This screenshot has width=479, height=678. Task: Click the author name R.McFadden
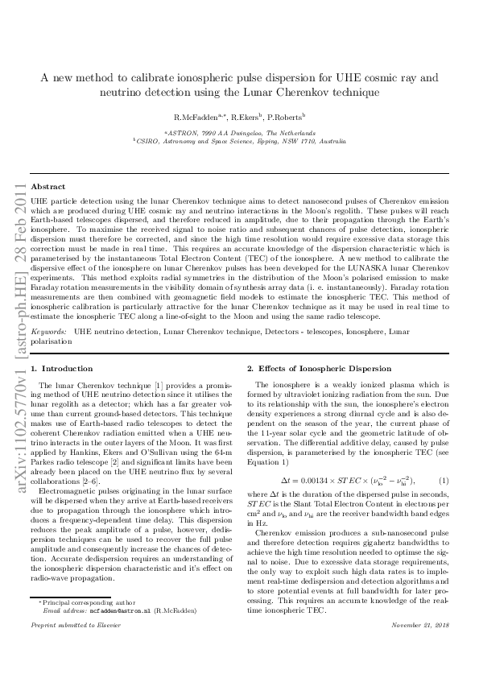coord(184,117)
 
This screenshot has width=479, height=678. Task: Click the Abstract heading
coord(48,186)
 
